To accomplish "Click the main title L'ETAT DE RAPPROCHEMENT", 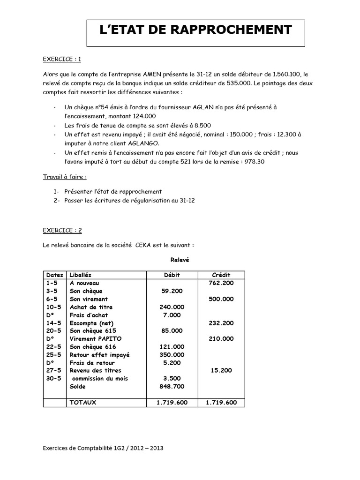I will tap(196, 30).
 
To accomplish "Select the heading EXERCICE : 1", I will tap(62, 59).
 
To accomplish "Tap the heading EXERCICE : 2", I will tap(62, 230).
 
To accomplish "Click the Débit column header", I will tap(172, 275).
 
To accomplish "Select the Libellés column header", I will tap(81, 275).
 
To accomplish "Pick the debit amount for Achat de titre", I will tap(172, 307).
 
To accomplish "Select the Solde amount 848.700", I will tap(172, 386).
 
